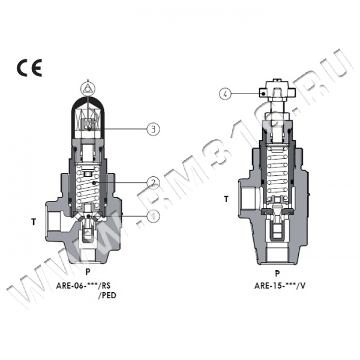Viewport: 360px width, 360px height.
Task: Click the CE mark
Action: click(29, 67)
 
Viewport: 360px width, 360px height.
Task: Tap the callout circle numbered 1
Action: click(153, 216)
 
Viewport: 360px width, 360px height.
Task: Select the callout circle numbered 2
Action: click(153, 183)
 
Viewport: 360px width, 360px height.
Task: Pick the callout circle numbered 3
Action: click(153, 129)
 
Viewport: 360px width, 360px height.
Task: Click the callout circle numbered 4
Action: click(226, 94)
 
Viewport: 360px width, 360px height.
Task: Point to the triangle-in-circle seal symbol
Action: click(88, 88)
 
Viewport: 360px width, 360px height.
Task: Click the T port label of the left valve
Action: click(34, 222)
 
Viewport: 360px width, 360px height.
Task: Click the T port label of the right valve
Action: click(226, 199)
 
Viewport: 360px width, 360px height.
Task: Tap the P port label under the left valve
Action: click(88, 272)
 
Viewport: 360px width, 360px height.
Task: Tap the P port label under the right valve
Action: click(277, 274)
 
